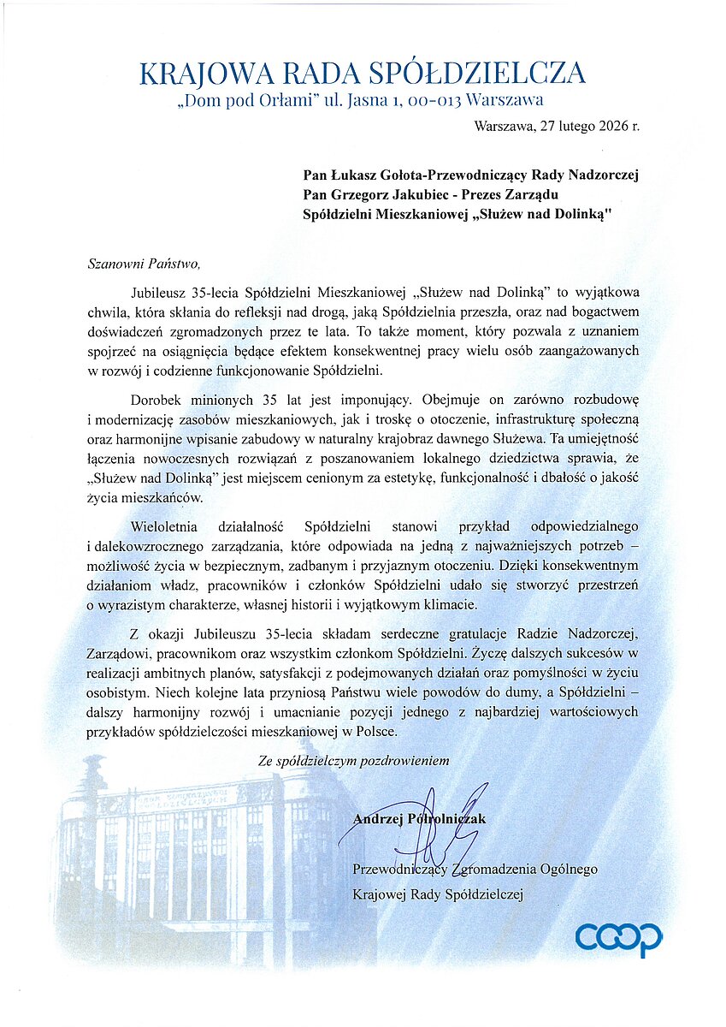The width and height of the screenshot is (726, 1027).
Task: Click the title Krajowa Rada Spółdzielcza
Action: pos(362,74)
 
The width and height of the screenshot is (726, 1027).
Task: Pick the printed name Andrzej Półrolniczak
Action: pos(419,819)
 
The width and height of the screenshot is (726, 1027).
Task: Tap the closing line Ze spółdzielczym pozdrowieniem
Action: pos(353,760)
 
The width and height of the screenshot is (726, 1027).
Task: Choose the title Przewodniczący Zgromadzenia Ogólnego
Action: pos(475,870)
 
